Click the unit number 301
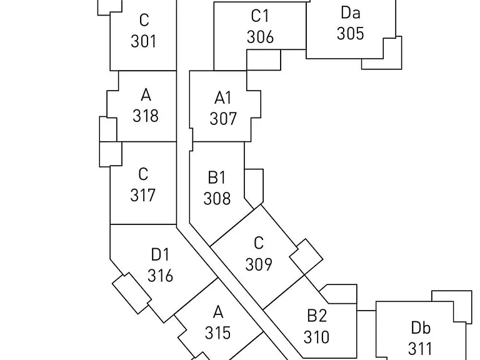click(144, 41)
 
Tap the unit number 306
click(260, 37)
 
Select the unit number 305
click(351, 34)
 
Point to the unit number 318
click(146, 116)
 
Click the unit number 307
click(223, 119)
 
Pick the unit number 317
click(143, 195)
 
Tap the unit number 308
click(217, 198)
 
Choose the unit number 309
click(259, 264)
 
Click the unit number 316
click(161, 276)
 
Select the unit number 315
click(217, 332)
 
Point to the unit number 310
click(316, 337)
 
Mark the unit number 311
click(420, 348)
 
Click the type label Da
click(351, 13)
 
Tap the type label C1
click(260, 16)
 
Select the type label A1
click(223, 98)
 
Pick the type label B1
click(217, 177)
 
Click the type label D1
click(160, 254)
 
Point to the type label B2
click(317, 316)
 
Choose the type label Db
click(421, 327)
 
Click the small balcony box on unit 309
click(306, 257)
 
